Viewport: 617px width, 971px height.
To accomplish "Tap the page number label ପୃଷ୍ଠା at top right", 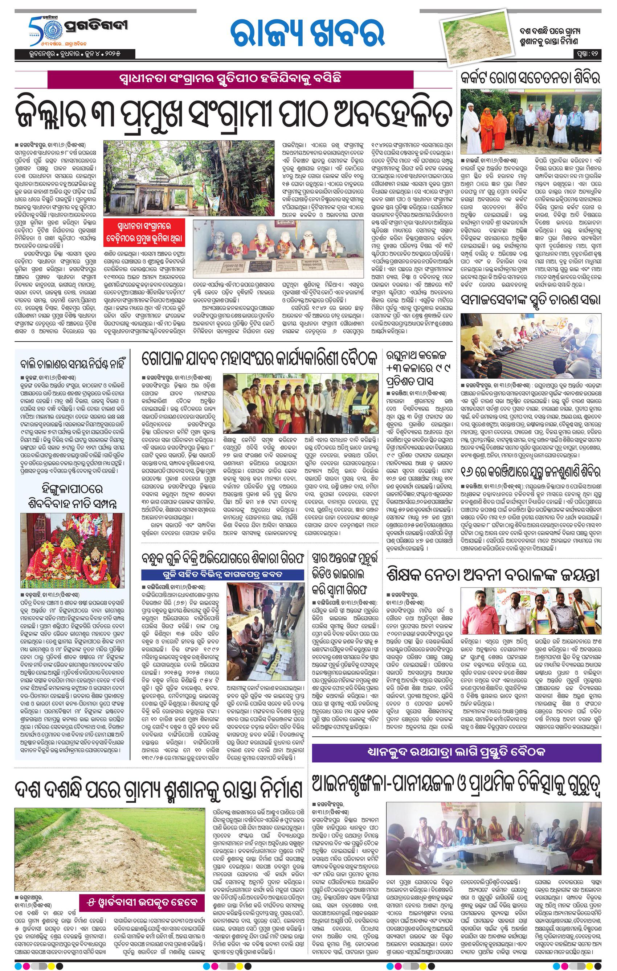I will coord(588,53).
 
